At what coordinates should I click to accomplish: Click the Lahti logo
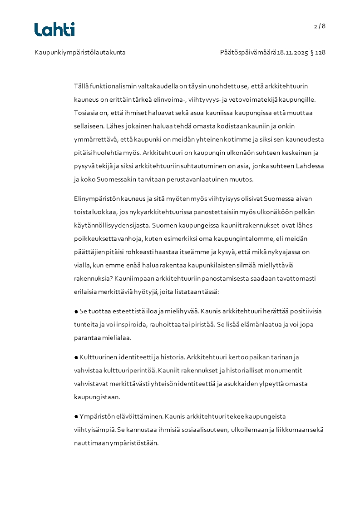[x=54, y=30]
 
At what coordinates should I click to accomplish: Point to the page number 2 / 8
[x=320, y=26]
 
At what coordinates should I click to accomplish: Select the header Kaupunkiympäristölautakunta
[x=80, y=53]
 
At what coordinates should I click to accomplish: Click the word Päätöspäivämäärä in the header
[x=248, y=53]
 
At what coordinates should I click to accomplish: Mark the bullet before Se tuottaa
[x=76, y=312]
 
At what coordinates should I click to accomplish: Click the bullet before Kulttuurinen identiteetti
[x=76, y=357]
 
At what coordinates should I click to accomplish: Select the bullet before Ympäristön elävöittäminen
[x=76, y=416]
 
